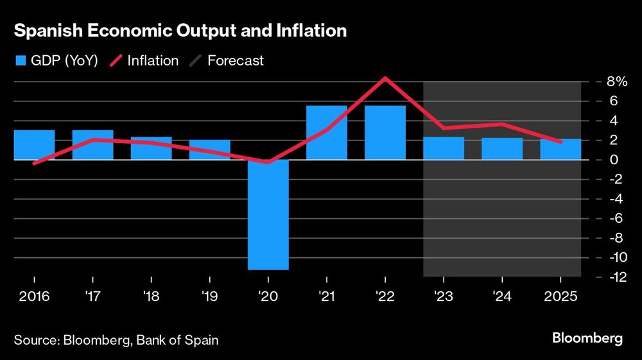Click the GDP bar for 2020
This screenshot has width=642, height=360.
[268, 215]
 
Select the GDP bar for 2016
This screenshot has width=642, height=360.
[34, 144]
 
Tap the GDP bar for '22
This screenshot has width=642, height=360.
[385, 132]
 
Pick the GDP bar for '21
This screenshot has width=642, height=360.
[327, 132]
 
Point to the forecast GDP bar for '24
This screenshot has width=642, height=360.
[502, 149]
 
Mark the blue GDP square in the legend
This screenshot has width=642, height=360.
[20, 61]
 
